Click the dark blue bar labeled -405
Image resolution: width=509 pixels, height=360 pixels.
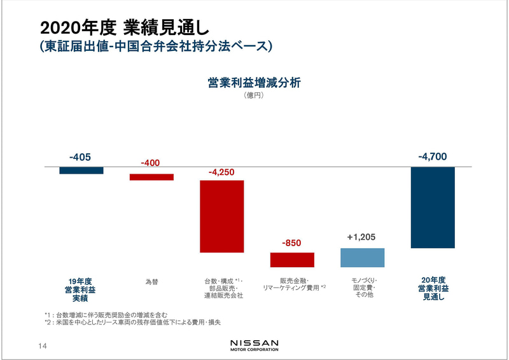click(81, 170)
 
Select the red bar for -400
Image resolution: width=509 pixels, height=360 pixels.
click(151, 177)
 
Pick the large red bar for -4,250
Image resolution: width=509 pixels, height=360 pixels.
click(222, 216)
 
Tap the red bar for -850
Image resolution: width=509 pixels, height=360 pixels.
click(292, 260)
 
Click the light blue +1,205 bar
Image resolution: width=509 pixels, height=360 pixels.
click(363, 258)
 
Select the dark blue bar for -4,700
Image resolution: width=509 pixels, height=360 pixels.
click(433, 207)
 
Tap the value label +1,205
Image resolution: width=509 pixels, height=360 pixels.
click(363, 237)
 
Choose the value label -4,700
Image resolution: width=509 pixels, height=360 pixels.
click(433, 156)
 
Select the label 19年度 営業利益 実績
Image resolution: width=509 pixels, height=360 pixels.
click(80, 289)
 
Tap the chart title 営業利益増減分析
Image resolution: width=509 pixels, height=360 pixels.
click(254, 83)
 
